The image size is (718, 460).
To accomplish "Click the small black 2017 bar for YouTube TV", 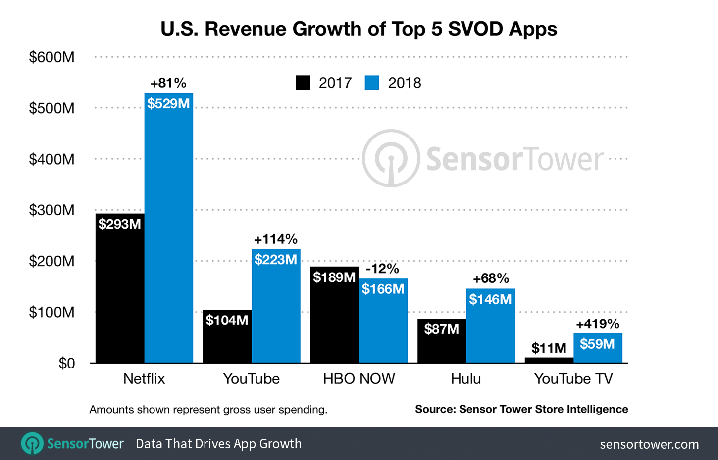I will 549,360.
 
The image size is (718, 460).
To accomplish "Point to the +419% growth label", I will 598,324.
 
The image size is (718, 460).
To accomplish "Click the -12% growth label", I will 382,269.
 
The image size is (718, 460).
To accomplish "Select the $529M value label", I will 168,104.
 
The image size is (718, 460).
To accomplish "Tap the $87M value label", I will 441,329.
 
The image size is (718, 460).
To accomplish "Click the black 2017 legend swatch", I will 303,83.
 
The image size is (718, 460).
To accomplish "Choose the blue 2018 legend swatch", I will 372,83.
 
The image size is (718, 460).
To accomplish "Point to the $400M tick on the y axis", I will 51,159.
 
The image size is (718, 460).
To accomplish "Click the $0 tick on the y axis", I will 66,364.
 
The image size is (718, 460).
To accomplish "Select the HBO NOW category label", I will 359,379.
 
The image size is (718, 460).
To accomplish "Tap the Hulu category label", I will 465,379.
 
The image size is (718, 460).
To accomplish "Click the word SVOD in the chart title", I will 475,29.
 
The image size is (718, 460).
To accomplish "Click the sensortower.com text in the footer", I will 649,444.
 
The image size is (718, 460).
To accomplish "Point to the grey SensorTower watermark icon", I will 391,158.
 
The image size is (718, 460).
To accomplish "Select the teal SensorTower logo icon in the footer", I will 33,443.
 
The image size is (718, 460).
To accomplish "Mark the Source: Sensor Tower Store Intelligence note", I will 521,409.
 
